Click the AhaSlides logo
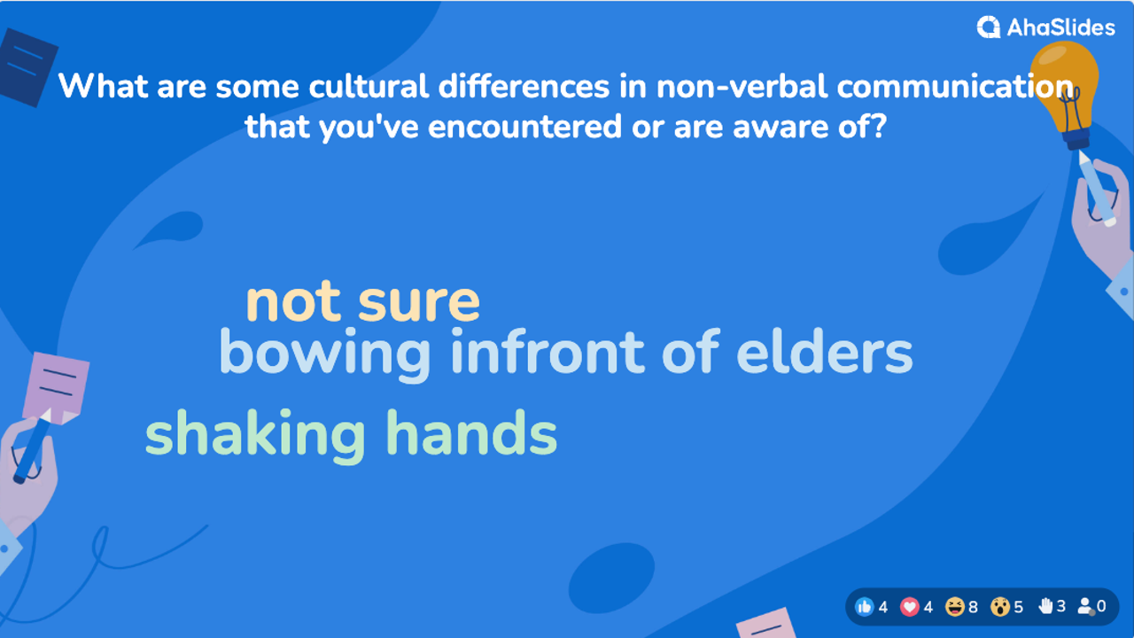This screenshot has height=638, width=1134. click(x=1045, y=27)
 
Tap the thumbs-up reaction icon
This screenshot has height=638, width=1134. click(x=865, y=607)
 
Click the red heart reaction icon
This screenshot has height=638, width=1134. click(x=910, y=607)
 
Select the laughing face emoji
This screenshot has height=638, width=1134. click(x=955, y=607)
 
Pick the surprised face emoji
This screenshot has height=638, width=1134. click(x=1000, y=607)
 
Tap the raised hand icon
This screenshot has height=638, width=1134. click(x=1045, y=606)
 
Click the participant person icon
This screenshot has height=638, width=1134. click(x=1085, y=607)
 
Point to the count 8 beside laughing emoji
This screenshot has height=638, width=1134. click(x=973, y=607)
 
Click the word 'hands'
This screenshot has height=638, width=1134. click(x=471, y=434)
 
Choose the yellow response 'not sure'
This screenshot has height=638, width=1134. click(x=362, y=302)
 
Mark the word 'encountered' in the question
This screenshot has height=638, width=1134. click(x=524, y=127)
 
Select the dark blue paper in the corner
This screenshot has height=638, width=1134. click(x=27, y=66)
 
